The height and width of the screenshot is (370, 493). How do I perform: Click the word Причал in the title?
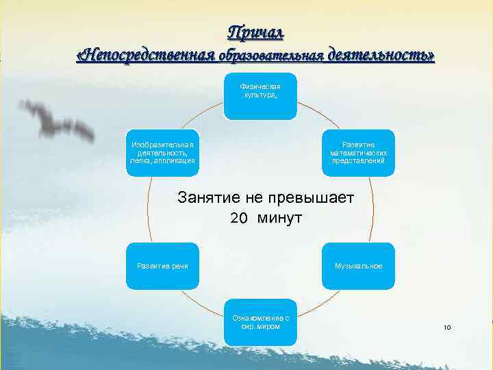255,32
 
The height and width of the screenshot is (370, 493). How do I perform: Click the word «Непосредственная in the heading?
146,55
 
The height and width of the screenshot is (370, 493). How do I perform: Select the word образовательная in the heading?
271,56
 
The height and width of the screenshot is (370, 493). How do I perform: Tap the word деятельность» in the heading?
381,55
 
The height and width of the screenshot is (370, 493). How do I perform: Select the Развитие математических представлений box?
359,152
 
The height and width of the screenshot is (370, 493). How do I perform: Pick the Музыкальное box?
359,266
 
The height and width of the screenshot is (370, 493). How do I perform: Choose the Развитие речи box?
162,266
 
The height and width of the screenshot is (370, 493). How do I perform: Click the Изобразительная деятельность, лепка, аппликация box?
162,152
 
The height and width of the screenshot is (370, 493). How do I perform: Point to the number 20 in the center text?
238,219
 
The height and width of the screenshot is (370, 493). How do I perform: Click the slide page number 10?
447,328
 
